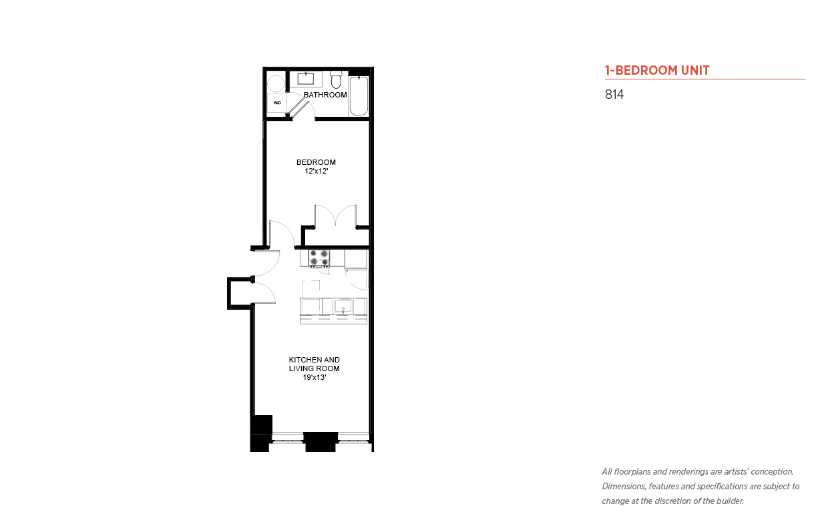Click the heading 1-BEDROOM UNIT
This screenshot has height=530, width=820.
[656, 70]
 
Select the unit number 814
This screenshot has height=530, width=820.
[614, 94]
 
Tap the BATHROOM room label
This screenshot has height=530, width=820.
[325, 95]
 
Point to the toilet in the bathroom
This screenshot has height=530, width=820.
[336, 79]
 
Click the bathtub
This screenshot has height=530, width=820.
[359, 96]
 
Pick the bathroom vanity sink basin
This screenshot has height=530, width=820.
[306, 79]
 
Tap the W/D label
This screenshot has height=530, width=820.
[277, 103]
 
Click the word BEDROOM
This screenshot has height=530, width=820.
[316, 162]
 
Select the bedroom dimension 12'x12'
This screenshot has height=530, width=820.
[317, 171]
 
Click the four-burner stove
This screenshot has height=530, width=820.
[319, 258]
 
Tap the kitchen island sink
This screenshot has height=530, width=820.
[343, 306]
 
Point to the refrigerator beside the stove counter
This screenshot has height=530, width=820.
[356, 260]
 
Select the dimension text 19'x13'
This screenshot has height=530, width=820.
[314, 377]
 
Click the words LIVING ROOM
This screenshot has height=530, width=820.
[314, 368]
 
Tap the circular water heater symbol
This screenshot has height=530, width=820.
[276, 84]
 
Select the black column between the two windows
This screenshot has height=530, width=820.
[321, 442]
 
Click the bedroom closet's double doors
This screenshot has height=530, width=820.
[335, 216]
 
